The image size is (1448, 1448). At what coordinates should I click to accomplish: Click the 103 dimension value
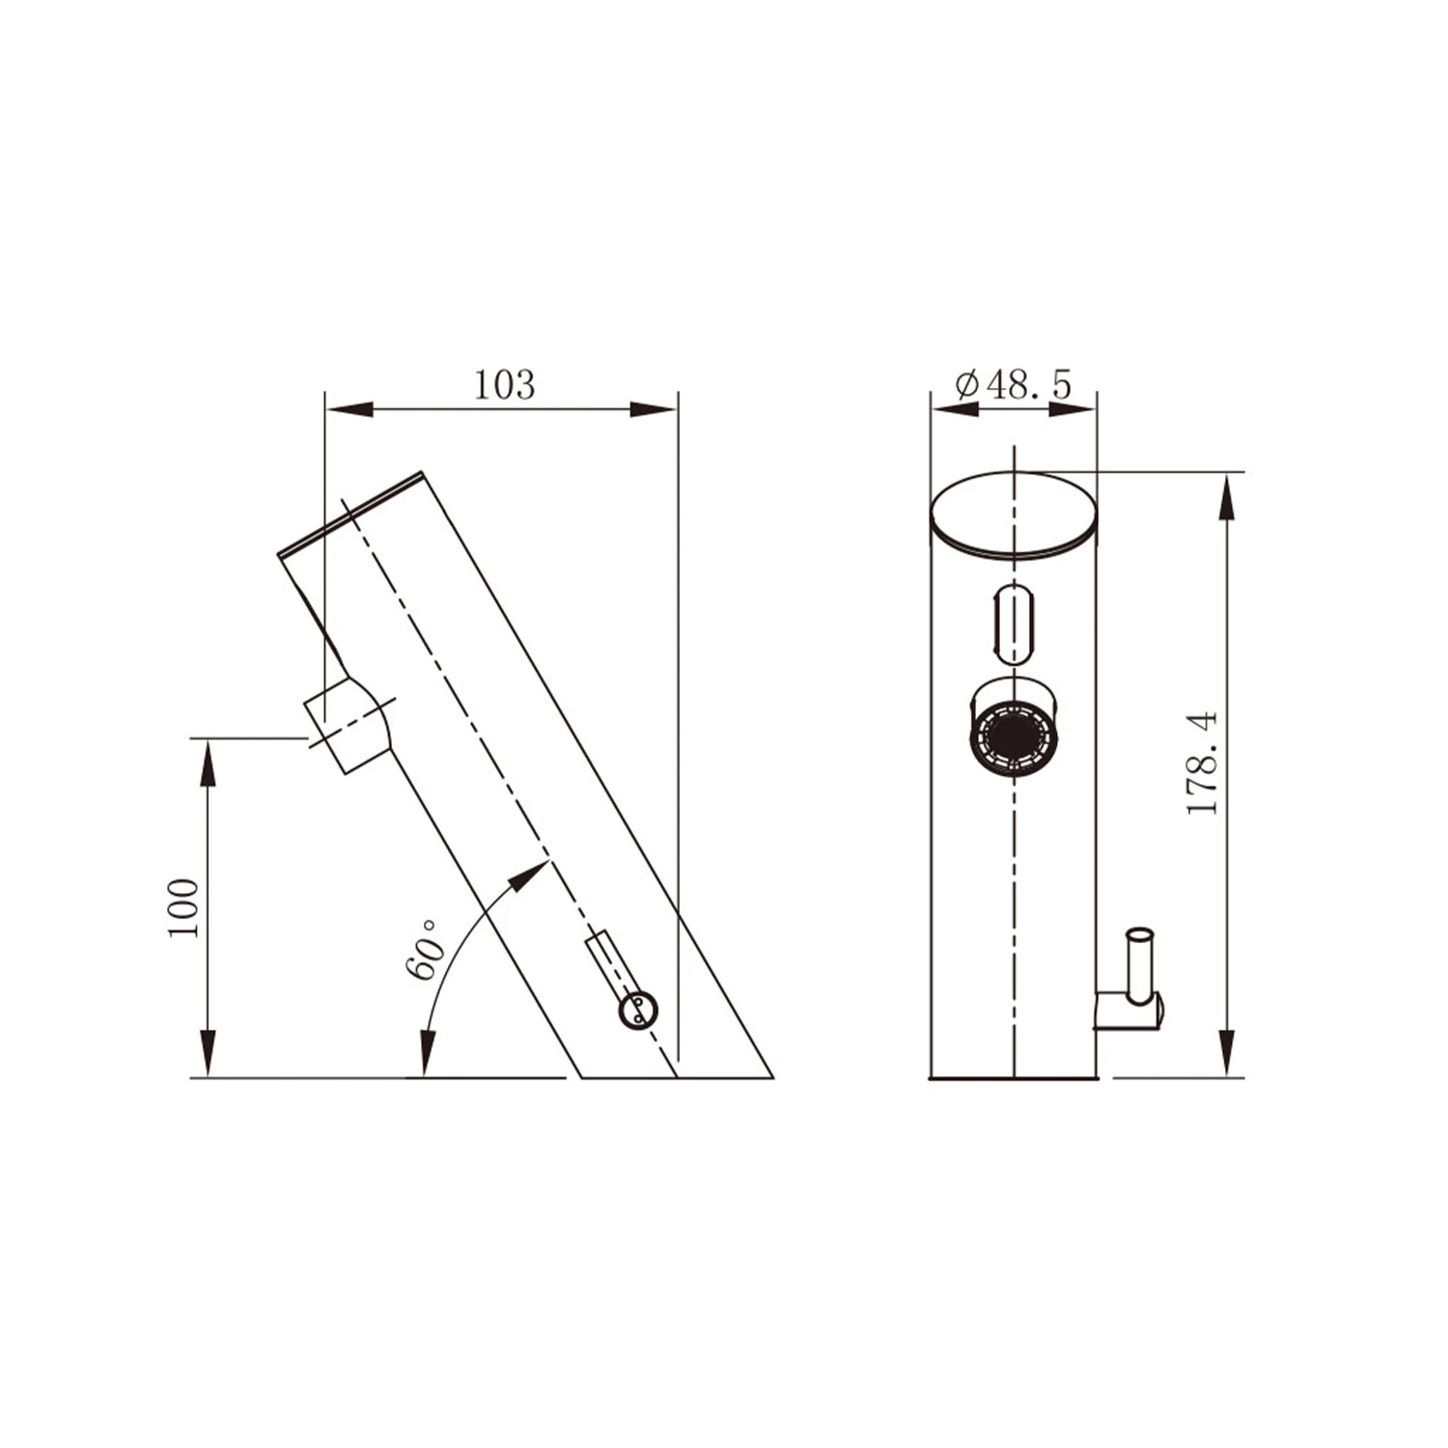click(503, 385)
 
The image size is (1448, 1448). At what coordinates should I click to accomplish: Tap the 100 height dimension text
click(182, 906)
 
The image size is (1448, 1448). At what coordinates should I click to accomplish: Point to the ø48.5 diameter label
click(1013, 385)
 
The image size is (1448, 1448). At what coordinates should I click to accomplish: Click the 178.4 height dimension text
click(1203, 763)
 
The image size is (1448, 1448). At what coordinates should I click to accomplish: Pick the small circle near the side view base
click(638, 1009)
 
